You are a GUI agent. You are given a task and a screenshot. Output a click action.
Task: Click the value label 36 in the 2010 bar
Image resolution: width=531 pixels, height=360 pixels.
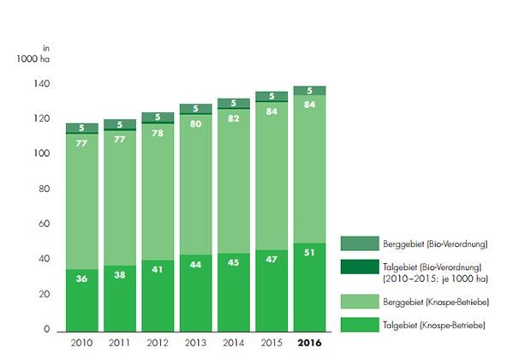pyautogui.click(x=81, y=278)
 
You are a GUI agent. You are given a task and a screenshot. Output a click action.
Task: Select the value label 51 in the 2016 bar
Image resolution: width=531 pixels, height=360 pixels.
pyautogui.click(x=309, y=251)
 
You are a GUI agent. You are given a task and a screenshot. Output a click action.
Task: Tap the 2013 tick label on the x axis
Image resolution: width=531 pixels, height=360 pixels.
pyautogui.click(x=195, y=343)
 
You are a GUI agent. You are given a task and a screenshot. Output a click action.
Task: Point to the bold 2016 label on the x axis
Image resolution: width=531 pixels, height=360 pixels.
pyautogui.click(x=309, y=343)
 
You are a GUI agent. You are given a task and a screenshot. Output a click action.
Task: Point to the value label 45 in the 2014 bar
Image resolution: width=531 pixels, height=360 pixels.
pyautogui.click(x=234, y=262)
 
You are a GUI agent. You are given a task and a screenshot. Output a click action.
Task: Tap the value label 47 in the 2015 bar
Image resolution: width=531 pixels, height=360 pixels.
pyautogui.click(x=271, y=258)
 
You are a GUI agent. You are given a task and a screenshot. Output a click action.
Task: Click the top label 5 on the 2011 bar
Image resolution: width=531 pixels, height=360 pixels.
pyautogui.click(x=119, y=124)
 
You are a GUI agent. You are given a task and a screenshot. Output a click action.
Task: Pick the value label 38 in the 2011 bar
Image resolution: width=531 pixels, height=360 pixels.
pyautogui.click(x=119, y=274)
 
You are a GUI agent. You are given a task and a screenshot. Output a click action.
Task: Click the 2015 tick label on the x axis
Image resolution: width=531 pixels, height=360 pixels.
pyautogui.click(x=271, y=343)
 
